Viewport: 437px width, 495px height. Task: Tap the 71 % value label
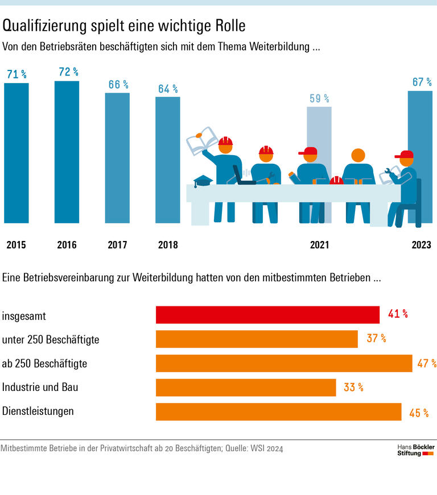tap(17, 74)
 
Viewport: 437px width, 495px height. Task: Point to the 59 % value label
tap(319, 98)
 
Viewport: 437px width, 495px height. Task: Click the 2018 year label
tap(168, 245)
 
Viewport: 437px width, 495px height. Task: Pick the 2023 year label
tap(421, 245)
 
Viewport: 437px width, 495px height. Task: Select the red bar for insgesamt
tap(267, 315)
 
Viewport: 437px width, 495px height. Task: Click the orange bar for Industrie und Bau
tap(246, 388)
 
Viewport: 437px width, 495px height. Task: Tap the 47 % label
tap(426, 364)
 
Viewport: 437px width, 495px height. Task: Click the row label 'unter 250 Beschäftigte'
tap(51, 340)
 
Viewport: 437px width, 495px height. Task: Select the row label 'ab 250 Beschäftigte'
tap(44, 364)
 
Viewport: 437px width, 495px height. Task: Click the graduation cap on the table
tap(203, 181)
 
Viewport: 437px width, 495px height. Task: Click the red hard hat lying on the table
tap(336, 180)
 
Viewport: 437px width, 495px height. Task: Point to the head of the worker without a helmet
tap(358, 155)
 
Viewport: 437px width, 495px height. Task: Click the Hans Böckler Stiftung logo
tap(415, 450)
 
